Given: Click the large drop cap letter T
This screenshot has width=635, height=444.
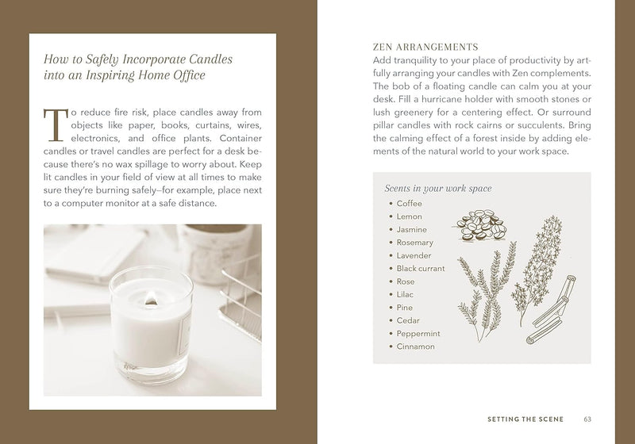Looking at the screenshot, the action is [56, 125].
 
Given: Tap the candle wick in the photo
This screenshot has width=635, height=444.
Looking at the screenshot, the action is [150, 298].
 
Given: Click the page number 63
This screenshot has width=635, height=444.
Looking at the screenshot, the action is [587, 419].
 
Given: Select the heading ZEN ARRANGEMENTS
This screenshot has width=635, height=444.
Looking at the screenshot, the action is [425, 47].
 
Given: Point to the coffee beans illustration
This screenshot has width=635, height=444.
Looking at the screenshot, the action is [479, 225].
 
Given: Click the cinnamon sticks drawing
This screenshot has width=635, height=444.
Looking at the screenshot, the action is [551, 309].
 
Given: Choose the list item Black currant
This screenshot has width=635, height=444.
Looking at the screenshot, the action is [421, 269].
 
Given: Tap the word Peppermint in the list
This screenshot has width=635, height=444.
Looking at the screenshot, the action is [418, 334].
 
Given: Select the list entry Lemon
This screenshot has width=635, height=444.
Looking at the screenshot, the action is [409, 216].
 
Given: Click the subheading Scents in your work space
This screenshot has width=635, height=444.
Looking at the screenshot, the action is [438, 189].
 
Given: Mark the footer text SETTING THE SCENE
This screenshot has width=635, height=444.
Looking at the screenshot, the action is [525, 419].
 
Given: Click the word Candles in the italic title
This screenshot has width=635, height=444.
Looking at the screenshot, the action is [210, 59].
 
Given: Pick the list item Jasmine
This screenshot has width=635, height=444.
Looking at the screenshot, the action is [411, 230].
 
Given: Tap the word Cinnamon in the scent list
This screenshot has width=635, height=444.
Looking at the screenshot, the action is [415, 346].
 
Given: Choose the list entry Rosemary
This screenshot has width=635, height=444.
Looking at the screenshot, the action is [414, 243].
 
